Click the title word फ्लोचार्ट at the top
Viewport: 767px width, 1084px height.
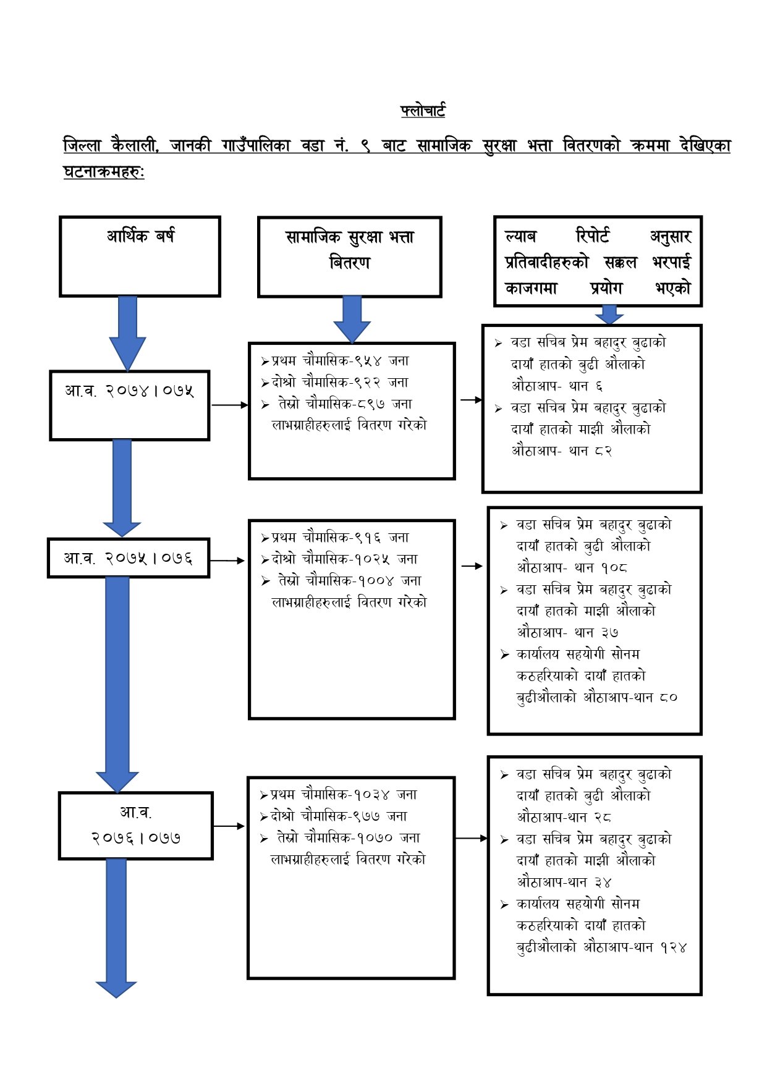pos(423,111)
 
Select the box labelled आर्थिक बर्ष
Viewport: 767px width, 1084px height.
pos(140,256)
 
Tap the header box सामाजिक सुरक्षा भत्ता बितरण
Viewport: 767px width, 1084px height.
pos(349,256)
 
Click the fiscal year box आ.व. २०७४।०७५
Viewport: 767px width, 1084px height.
pos(129,405)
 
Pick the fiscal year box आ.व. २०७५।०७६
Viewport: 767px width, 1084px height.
pos(129,558)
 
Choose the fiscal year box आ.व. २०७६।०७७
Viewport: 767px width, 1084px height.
pos(136,826)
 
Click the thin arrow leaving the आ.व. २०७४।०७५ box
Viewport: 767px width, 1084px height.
pos(229,405)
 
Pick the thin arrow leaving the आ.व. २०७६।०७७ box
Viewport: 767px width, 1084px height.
pos(229,826)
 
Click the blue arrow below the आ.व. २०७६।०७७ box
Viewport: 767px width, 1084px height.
pos(116,927)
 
